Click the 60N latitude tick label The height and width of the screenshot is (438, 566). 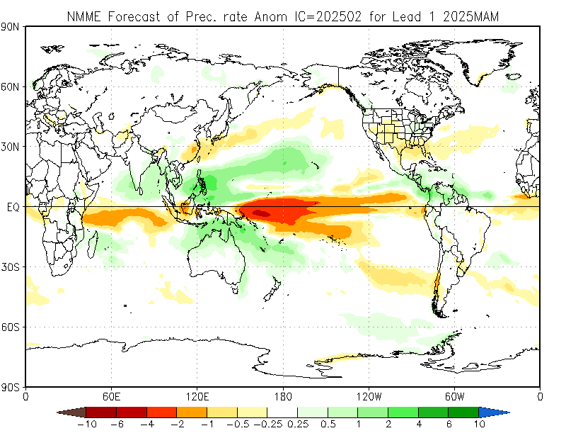click(x=11, y=86)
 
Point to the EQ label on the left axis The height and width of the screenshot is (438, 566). click(x=13, y=207)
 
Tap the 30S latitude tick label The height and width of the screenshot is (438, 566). click(x=11, y=267)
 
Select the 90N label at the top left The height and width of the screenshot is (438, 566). click(x=11, y=26)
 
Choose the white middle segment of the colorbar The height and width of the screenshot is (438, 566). click(x=282, y=412)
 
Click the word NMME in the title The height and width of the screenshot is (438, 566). click(x=83, y=15)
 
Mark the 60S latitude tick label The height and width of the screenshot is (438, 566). click(x=11, y=327)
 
